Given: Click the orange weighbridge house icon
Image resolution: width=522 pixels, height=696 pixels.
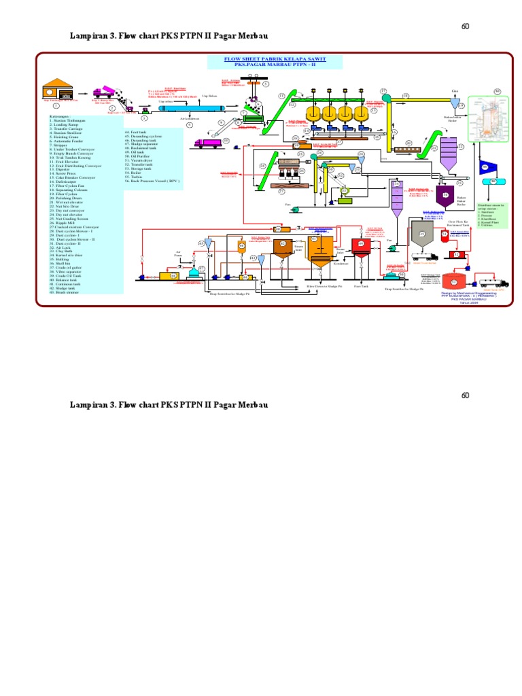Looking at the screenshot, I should (x=57, y=91).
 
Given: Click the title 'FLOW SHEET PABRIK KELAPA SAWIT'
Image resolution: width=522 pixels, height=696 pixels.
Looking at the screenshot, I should (x=275, y=60).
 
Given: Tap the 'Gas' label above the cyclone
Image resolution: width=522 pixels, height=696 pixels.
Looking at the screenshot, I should (x=455, y=90).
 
